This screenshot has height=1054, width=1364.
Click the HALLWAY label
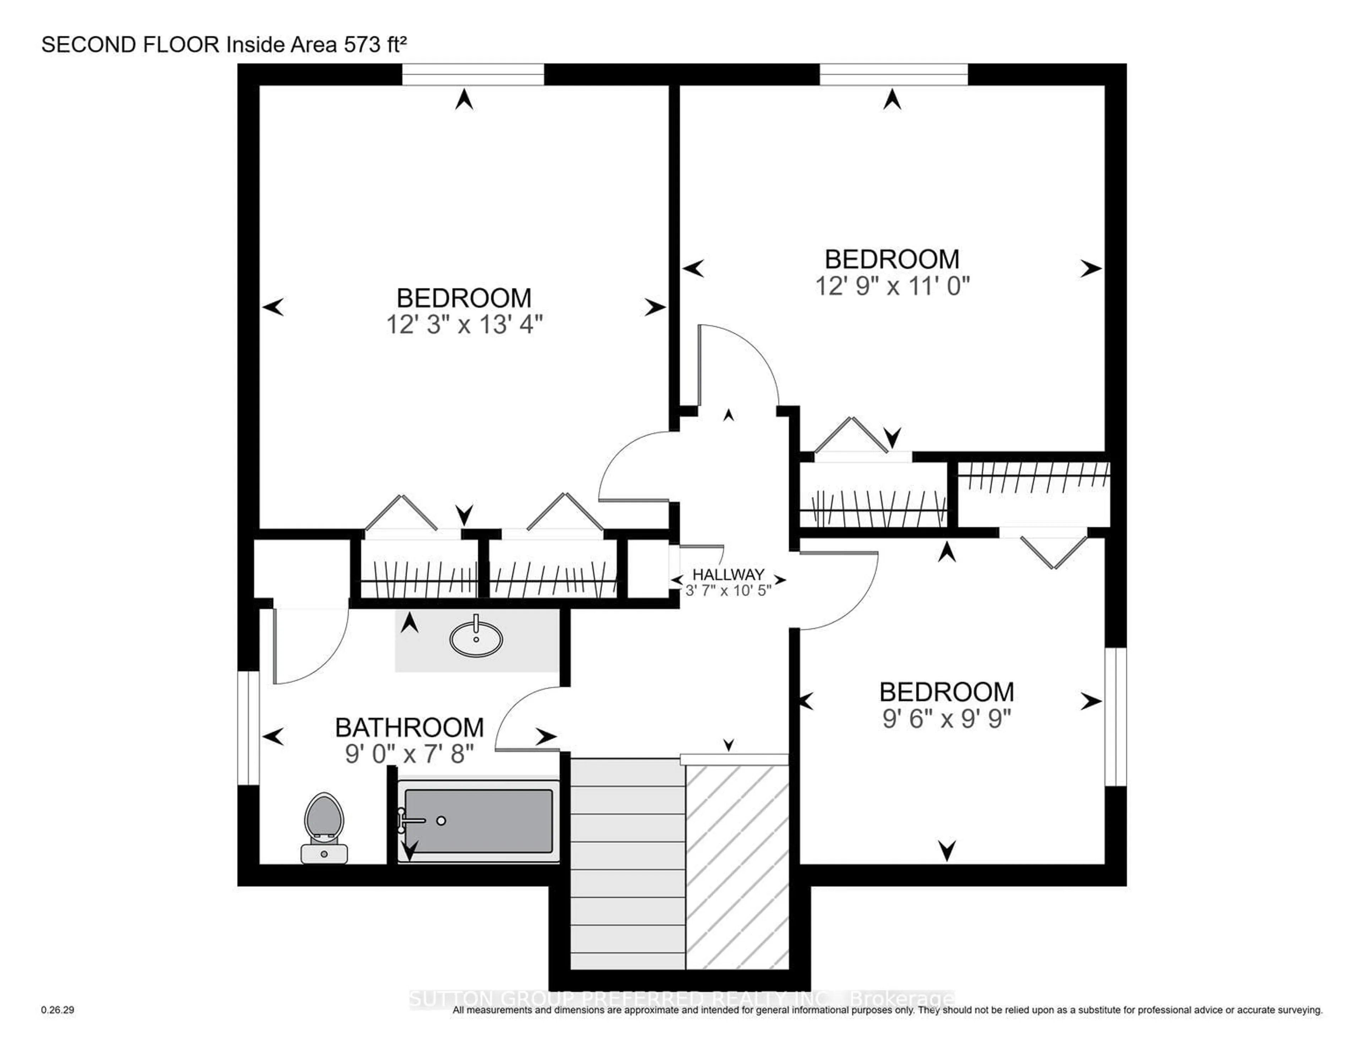(x=728, y=574)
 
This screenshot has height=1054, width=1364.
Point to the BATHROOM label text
(x=410, y=727)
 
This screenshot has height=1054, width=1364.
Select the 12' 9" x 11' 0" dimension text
(x=893, y=286)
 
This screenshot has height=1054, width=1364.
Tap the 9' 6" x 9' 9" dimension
(x=947, y=719)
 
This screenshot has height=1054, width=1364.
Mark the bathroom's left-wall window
(x=249, y=728)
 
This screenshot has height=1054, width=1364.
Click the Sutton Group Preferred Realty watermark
(x=681, y=999)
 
